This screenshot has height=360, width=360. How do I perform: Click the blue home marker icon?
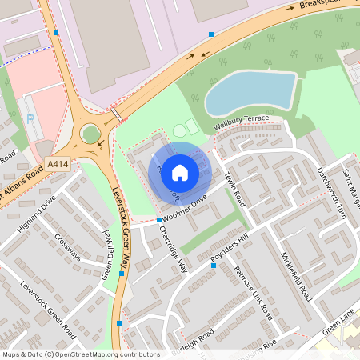180,172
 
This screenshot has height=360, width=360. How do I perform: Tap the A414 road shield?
58,163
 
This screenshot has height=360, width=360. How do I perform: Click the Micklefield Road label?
295,273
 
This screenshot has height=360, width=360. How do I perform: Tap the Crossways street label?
68,246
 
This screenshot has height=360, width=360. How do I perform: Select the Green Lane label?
337,326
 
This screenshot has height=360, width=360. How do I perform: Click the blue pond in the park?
249,92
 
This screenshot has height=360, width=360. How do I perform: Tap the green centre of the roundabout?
90,134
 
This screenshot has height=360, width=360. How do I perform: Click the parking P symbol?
30,119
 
